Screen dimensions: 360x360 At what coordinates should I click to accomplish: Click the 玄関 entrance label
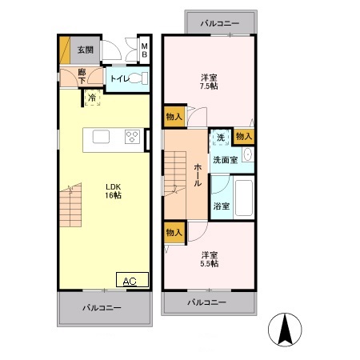tap(86, 50)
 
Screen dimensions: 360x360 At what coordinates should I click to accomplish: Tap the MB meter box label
tap(144, 50)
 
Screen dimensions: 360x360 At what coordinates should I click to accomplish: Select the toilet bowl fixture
tap(138, 78)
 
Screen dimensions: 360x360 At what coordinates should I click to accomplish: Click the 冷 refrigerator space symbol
tap(92, 98)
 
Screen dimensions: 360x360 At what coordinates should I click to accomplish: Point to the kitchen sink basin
tap(101, 137)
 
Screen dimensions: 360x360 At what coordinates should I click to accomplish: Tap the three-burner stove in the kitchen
tap(132, 137)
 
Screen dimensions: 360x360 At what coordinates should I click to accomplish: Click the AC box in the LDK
tap(132, 280)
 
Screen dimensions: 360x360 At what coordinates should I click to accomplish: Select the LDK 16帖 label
tap(113, 191)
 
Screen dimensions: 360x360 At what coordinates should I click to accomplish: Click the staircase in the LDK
tap(70, 205)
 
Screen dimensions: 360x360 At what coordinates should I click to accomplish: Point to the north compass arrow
tap(285, 329)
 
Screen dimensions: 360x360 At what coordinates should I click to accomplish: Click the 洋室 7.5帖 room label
tap(209, 82)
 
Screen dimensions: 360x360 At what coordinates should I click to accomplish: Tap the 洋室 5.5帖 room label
tap(210, 259)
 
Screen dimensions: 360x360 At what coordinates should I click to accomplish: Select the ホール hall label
tap(198, 175)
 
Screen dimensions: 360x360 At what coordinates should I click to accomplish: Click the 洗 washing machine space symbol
tap(221, 138)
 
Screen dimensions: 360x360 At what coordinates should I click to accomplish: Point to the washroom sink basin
tap(248, 154)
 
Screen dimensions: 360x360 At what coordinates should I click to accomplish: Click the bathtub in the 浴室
tap(244, 198)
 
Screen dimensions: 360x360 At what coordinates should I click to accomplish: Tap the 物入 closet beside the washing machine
tap(244, 136)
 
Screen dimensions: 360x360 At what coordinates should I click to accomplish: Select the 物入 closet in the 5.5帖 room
tap(174, 233)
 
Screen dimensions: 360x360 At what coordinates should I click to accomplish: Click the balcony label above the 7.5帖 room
tap(220, 23)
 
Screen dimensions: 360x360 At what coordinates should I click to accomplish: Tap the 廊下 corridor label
tap(82, 76)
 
